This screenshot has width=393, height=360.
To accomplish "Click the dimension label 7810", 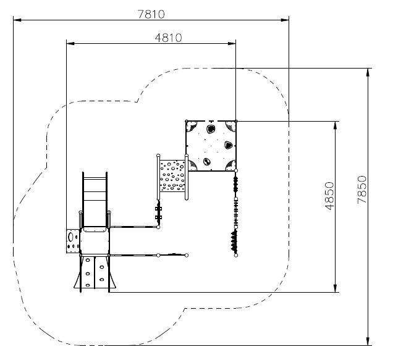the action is point(151,14).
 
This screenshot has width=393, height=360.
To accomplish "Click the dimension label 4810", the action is point(168,38).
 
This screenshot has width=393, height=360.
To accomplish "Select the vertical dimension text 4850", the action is point(329,196).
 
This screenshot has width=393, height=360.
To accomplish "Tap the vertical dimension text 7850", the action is point(362,190).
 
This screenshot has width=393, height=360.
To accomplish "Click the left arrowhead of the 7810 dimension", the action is point(17,20).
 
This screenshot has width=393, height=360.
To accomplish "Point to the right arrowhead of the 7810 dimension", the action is point(285,20).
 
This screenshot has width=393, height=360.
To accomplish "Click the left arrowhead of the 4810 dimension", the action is point(70,43).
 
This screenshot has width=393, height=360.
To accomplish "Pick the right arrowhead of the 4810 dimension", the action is point(232,43).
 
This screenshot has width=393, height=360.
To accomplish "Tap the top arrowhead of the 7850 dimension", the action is point(368,72).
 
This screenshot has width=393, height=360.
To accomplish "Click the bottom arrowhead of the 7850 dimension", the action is point(368,341).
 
